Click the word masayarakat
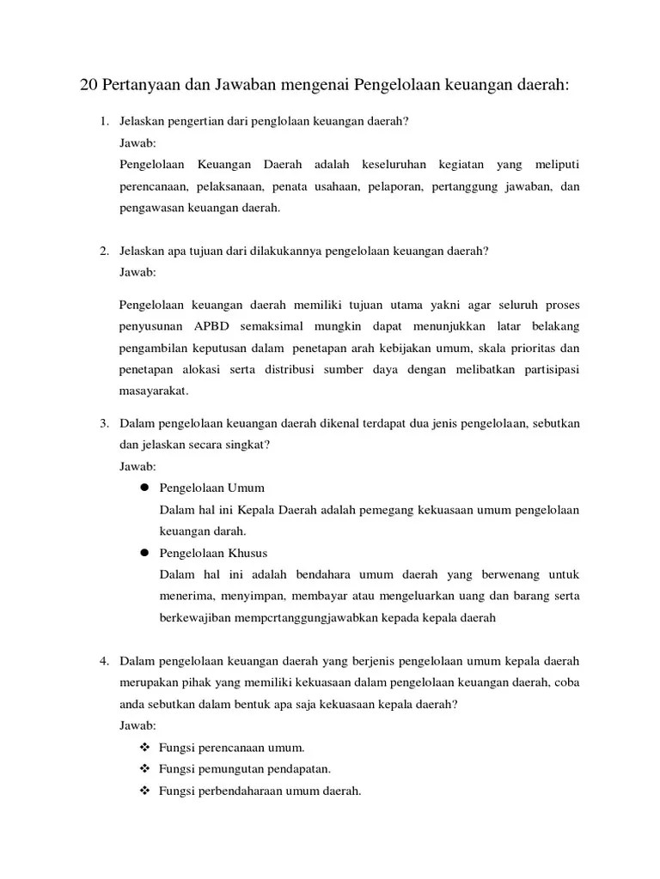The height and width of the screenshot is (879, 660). click(153, 391)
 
